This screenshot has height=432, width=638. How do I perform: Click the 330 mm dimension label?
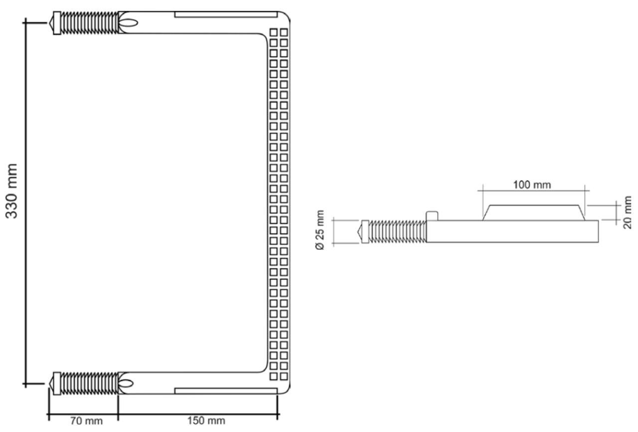[x=14, y=191]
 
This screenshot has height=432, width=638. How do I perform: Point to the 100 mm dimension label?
[x=532, y=184]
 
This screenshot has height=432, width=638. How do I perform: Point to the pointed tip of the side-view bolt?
[x=359, y=231]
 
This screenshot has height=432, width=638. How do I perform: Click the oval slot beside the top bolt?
[x=128, y=23]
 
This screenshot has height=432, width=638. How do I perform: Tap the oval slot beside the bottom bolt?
[x=128, y=383]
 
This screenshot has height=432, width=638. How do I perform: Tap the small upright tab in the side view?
[x=432, y=216]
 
